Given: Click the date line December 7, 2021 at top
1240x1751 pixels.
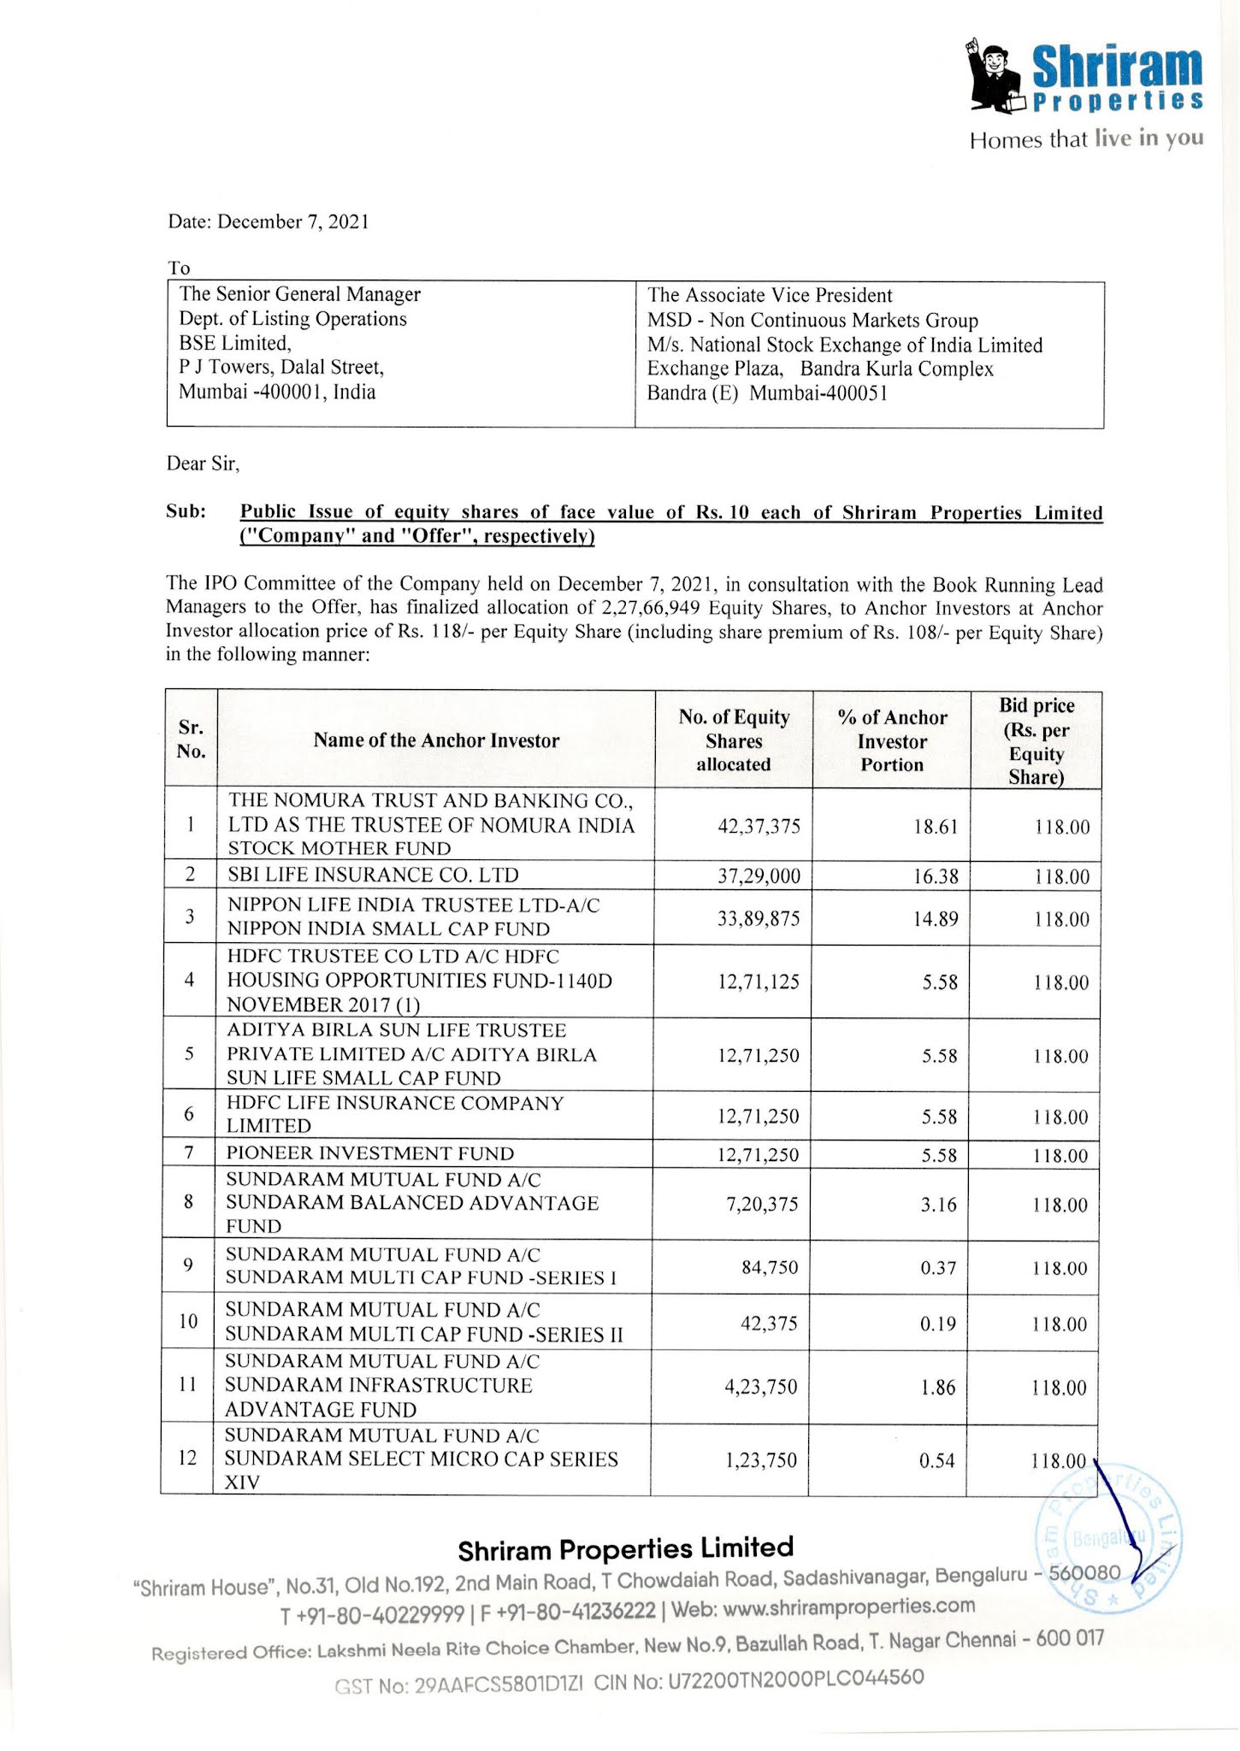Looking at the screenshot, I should tap(269, 222).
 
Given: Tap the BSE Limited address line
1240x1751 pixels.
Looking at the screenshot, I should tap(235, 343).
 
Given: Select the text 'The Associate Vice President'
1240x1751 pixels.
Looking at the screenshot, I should tap(769, 295).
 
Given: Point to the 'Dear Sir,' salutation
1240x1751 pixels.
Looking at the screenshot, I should tap(203, 463).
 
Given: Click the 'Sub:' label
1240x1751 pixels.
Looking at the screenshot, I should tap(186, 511).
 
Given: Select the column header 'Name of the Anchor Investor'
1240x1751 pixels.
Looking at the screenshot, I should tap(436, 740).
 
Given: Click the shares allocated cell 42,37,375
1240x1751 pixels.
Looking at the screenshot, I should tap(759, 826).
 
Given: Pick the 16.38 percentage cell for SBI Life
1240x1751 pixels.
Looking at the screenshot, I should tap(936, 876).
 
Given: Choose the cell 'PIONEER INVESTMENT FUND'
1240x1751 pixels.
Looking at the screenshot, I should tap(370, 1153).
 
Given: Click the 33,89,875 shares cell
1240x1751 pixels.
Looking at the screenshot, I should tap(759, 919).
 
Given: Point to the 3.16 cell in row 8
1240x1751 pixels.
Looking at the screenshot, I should tap(938, 1205).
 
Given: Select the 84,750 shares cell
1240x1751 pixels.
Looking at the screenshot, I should tap(770, 1267).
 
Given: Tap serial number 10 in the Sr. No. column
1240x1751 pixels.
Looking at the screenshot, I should tap(188, 1322).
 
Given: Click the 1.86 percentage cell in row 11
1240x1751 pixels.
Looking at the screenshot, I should tap(938, 1388).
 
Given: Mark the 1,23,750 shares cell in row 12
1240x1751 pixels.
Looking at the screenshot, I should tap(761, 1460).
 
